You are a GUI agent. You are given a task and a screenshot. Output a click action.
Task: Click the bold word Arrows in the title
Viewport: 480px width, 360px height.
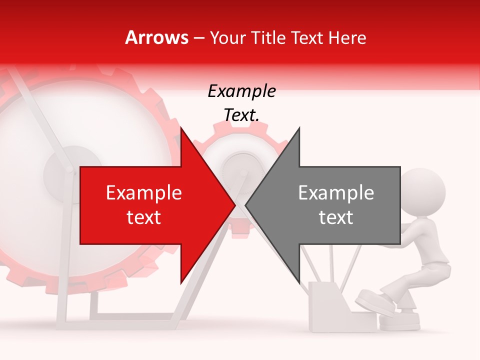click(x=157, y=37)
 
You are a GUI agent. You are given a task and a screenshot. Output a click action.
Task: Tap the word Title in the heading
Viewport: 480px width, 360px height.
click(x=268, y=37)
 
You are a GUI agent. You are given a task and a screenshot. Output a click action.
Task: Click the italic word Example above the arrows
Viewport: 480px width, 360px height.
click(x=241, y=91)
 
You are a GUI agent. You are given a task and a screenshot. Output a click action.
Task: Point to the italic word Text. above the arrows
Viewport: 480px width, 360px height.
click(x=241, y=115)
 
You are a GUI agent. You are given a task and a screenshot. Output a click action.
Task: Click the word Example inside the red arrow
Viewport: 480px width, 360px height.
click(x=144, y=193)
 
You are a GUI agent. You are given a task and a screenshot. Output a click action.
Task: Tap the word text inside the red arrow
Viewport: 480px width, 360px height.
click(x=144, y=217)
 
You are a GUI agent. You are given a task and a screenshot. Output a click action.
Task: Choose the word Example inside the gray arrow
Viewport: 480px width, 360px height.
click(x=336, y=193)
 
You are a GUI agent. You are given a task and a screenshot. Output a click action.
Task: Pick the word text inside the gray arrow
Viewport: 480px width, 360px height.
click(x=336, y=217)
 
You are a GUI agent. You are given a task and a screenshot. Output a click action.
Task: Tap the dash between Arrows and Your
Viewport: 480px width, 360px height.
click(x=199, y=38)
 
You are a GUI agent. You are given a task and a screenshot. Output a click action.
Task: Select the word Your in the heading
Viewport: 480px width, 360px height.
click(x=228, y=37)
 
